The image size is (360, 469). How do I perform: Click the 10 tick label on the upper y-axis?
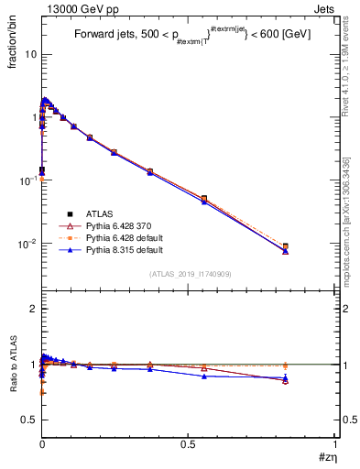coord(31,54)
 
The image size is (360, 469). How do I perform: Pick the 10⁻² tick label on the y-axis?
coord(27,244)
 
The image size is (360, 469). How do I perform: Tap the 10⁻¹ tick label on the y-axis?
coord(27,180)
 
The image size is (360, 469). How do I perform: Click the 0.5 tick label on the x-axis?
coord(189,444)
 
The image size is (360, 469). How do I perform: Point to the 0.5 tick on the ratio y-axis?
coord(29,420)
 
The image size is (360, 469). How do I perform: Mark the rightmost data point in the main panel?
coord(286,247)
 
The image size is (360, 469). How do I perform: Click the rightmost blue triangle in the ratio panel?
coord(286,377)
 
